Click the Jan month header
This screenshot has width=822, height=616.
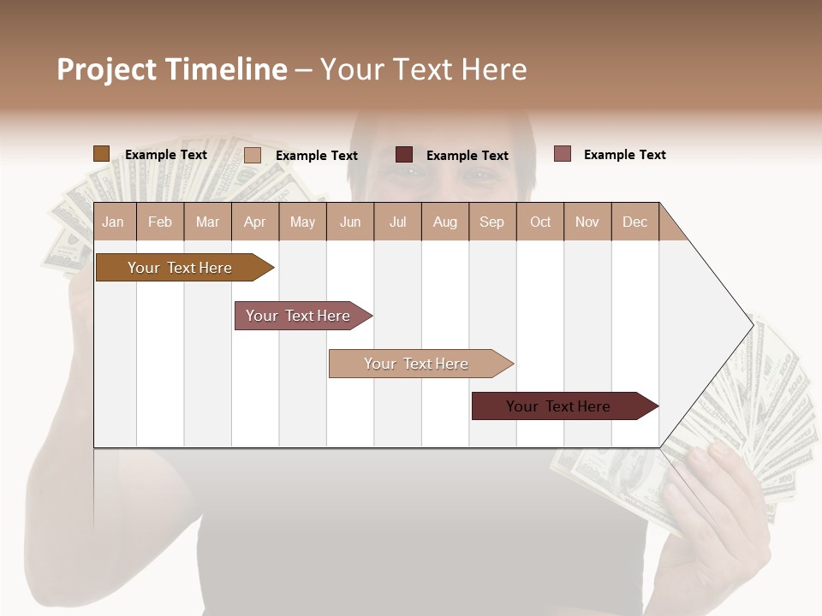[113, 222]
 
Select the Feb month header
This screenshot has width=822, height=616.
[160, 222]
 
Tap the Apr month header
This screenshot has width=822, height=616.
[254, 222]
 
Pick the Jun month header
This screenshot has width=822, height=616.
[350, 222]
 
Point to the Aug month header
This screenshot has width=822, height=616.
[444, 222]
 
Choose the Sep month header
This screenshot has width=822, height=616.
[491, 222]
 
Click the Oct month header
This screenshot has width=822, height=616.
[540, 222]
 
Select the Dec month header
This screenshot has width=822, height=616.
[634, 222]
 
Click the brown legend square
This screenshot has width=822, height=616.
[101, 154]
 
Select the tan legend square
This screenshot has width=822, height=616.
[252, 155]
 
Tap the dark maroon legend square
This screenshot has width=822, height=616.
[403, 155]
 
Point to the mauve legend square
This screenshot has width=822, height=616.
[562, 154]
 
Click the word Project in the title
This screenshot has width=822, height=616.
[107, 69]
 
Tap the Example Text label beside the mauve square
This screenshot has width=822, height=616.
[624, 154]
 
